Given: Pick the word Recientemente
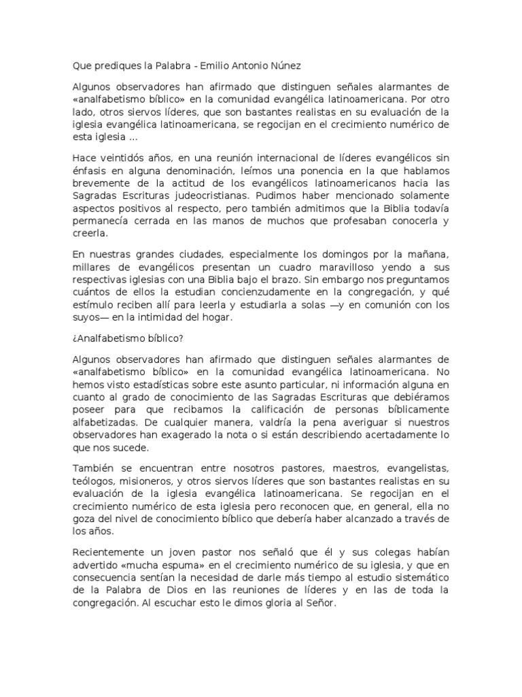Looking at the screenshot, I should [x=107, y=552].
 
